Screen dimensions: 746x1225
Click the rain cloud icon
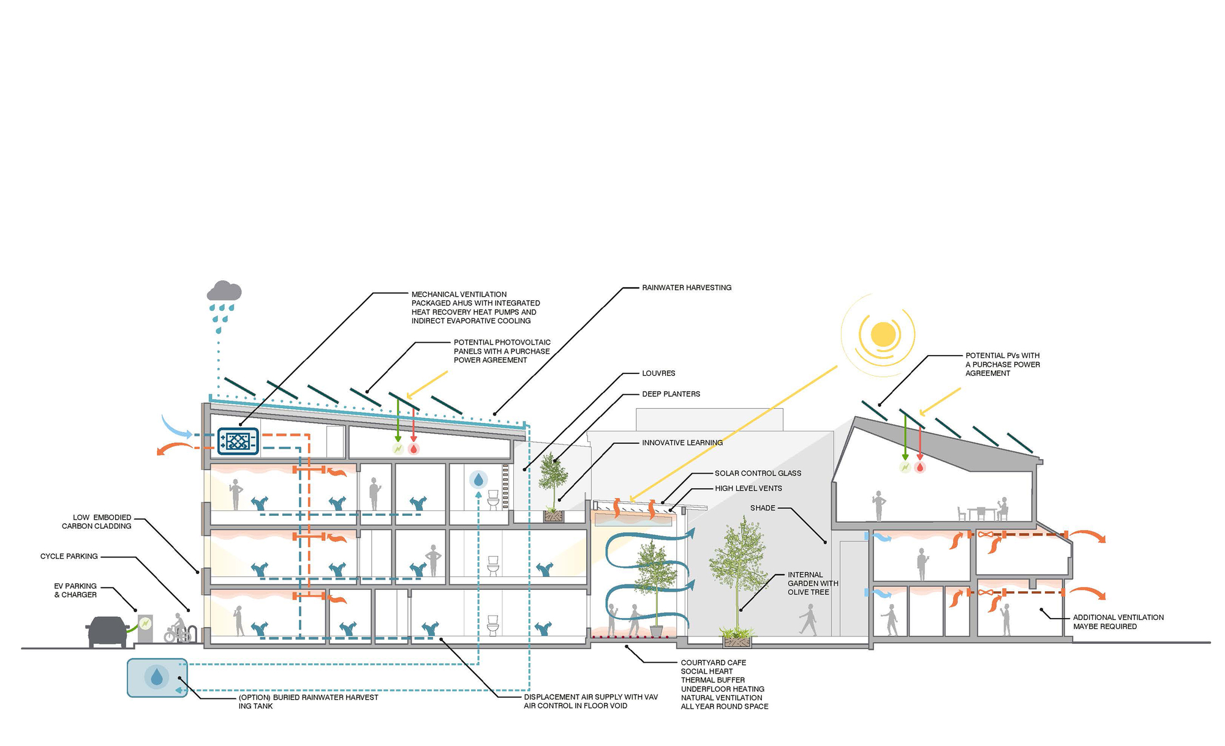(224, 292)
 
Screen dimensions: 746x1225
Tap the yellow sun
(883, 334)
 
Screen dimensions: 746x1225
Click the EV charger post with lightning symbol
(145, 628)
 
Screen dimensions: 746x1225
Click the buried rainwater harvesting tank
(157, 677)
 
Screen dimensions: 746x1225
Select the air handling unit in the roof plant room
(238, 441)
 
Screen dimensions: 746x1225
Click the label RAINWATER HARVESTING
(687, 288)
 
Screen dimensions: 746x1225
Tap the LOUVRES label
(658, 373)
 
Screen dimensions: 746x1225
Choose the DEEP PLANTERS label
(671, 394)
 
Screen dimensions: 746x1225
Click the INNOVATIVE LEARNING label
(682, 442)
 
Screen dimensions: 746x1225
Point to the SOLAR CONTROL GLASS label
(758, 473)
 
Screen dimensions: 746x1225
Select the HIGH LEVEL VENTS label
(748, 488)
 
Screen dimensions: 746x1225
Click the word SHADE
(763, 508)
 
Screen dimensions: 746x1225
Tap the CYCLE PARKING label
(69, 556)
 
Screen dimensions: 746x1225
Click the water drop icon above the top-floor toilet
(478, 479)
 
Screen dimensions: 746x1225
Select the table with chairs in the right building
(981, 512)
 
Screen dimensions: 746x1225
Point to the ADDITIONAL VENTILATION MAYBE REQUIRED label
(1118, 622)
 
